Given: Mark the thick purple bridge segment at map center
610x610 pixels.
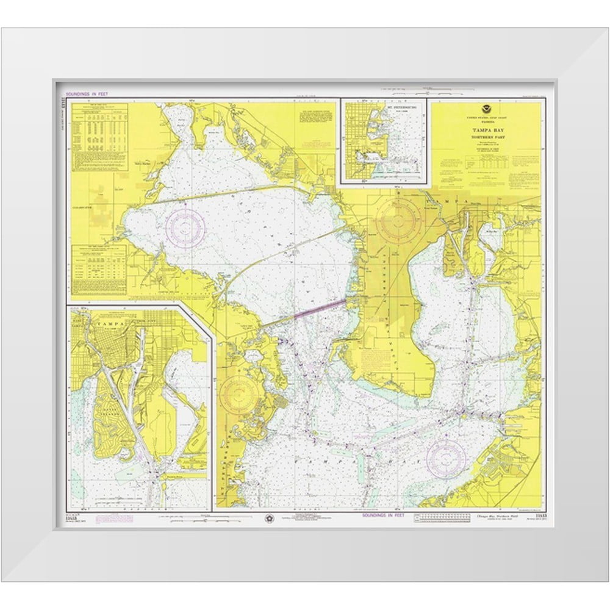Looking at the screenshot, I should [x=320, y=307].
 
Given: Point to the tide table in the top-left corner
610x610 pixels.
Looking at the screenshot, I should [x=99, y=137].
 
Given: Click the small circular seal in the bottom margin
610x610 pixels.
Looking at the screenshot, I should [x=269, y=517].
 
